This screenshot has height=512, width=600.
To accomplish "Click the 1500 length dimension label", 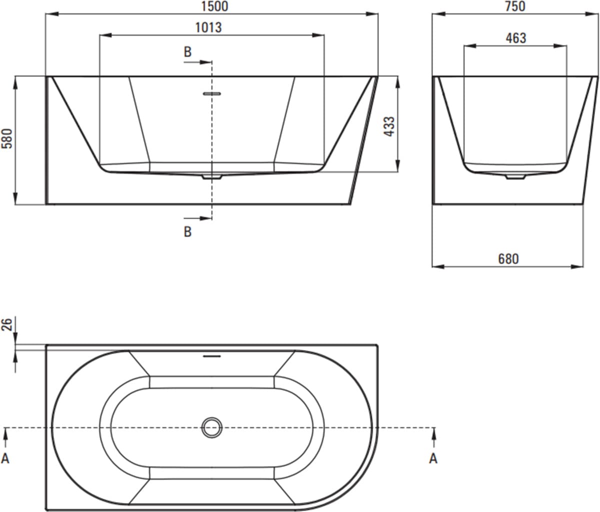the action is [x=215, y=6].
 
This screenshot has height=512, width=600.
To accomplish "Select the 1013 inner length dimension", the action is [x=208, y=27].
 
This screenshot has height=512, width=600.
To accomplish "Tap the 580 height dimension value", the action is [x=7, y=138].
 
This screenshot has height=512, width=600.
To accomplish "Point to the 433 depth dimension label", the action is [x=389, y=126].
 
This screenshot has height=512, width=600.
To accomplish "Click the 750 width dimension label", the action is [x=515, y=6].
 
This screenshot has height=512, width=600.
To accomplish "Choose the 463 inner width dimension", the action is [x=516, y=38].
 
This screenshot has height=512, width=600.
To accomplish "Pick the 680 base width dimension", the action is [x=508, y=259].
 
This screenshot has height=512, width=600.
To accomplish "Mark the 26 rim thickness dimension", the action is [x=7, y=324].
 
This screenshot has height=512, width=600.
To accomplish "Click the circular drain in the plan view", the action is [x=212, y=427].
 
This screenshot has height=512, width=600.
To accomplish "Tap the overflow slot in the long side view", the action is [x=212, y=93].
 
